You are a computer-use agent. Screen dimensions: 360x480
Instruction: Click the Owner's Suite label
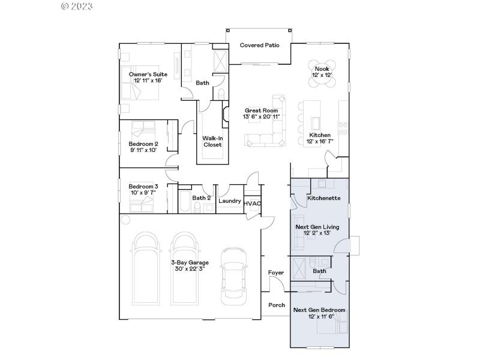(x=148, y=74)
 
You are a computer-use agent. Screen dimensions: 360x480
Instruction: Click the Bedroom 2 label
(x=143, y=144)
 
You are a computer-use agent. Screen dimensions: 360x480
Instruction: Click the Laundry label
(x=230, y=201)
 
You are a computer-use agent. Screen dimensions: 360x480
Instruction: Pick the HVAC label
(x=253, y=203)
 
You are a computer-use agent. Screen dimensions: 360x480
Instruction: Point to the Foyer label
(x=275, y=273)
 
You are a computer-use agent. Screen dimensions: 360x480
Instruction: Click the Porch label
(x=277, y=305)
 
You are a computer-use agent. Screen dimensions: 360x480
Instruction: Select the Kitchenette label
(x=324, y=198)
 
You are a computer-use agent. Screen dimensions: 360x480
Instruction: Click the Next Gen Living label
(x=317, y=227)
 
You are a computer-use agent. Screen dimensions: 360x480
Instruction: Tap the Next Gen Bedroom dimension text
(x=319, y=316)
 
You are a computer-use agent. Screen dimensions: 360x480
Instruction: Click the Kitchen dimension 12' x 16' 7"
(x=320, y=142)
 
